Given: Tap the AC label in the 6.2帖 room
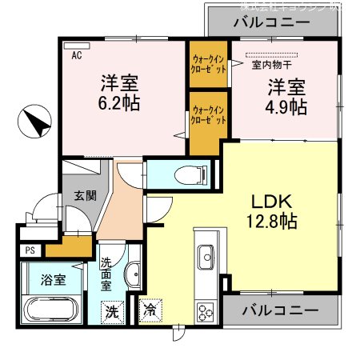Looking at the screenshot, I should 77,56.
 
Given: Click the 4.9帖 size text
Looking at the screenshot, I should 286,106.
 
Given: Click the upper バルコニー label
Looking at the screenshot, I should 271,22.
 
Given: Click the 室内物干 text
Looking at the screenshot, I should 273,66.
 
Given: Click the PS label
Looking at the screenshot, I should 30,250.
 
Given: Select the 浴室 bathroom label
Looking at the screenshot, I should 54,280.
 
